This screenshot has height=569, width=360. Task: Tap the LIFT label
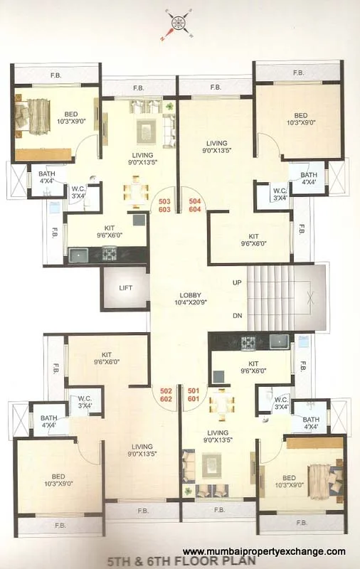click(125, 287)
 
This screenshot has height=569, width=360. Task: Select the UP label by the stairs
click(236, 282)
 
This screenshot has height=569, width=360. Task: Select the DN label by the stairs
click(236, 316)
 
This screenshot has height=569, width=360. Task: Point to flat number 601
click(194, 400)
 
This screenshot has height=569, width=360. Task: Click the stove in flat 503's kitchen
click(109, 252)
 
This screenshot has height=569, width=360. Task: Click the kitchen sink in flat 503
click(79, 254)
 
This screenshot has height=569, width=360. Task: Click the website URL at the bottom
click(264, 551)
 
